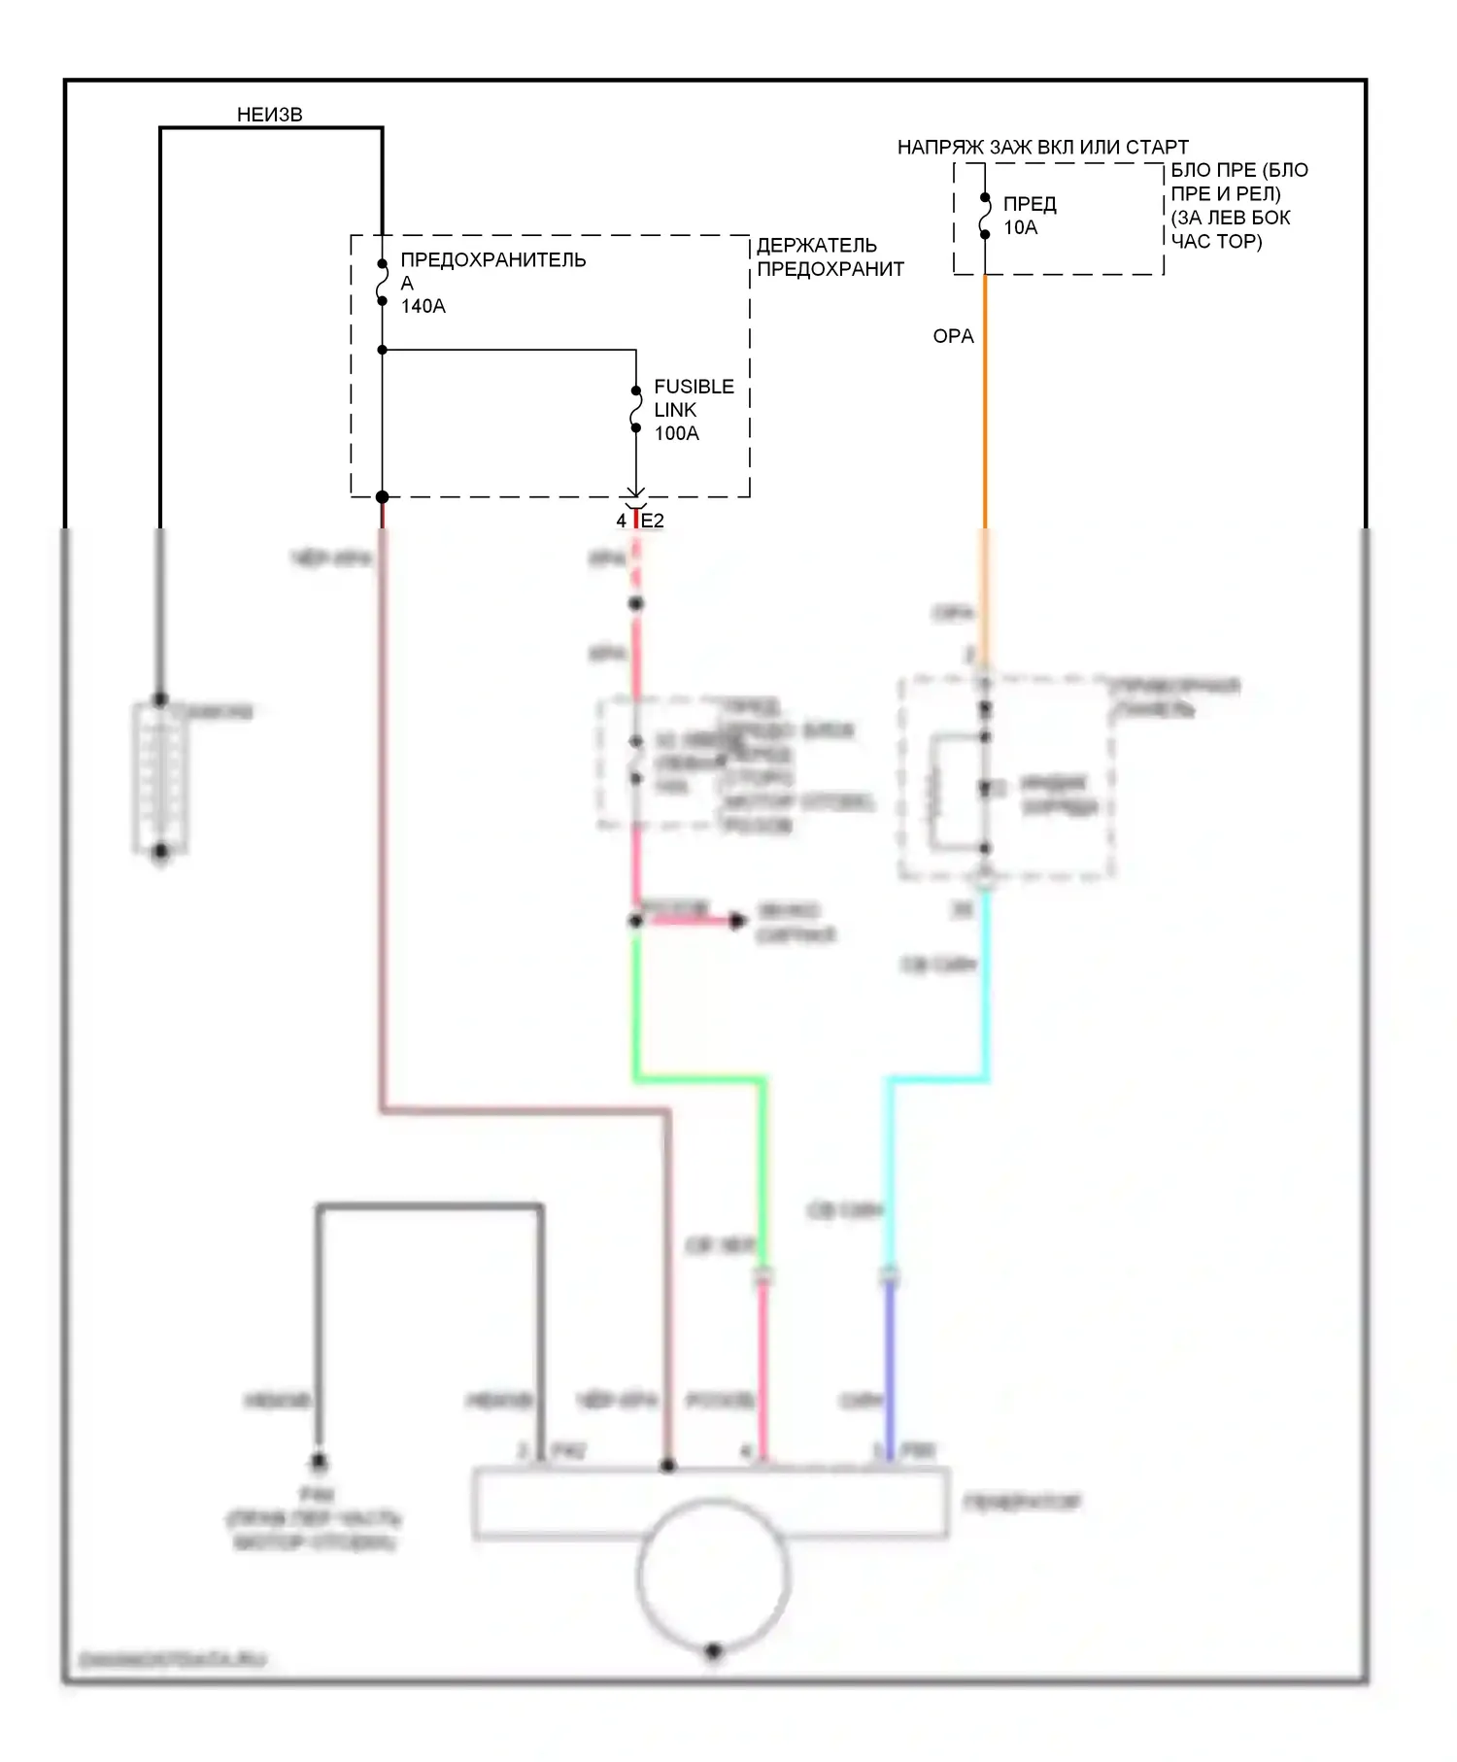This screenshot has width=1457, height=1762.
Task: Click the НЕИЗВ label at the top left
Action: (x=269, y=115)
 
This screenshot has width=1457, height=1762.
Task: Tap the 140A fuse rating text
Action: (x=423, y=306)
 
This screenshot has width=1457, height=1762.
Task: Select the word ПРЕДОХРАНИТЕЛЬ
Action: (x=492, y=259)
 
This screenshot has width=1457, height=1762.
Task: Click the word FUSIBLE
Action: (x=694, y=387)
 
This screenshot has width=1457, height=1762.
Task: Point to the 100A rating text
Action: (x=676, y=433)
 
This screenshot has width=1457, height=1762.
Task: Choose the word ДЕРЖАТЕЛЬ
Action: (x=816, y=245)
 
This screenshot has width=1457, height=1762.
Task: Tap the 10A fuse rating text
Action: (x=1020, y=227)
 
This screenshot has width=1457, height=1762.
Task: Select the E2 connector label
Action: (x=653, y=521)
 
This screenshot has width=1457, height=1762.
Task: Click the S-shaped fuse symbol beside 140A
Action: (x=383, y=282)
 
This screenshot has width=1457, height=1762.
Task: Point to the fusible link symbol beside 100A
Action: (x=636, y=409)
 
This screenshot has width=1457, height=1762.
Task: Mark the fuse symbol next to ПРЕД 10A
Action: (x=985, y=216)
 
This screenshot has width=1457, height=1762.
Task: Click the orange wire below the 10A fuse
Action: (x=985, y=408)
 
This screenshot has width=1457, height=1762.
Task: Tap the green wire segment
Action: (x=699, y=1078)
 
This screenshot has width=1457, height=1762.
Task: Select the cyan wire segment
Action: (x=937, y=1078)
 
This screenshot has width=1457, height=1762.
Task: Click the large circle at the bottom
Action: (x=713, y=1576)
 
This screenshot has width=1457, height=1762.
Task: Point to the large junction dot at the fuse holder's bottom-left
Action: (x=383, y=497)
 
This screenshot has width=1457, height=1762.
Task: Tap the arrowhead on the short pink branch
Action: (x=738, y=920)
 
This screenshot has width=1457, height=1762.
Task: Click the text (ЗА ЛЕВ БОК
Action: (x=1230, y=218)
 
